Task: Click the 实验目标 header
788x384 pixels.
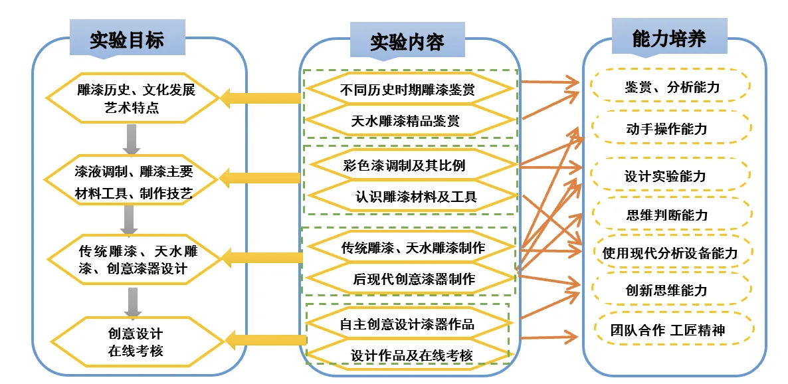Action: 127,40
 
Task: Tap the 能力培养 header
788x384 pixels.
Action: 669,39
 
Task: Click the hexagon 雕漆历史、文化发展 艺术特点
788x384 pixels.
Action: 132,98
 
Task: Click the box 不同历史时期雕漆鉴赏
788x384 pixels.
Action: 410,88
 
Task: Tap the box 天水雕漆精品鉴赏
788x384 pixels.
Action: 410,121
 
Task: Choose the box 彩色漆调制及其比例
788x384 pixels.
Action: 410,165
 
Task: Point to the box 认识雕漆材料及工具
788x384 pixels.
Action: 410,197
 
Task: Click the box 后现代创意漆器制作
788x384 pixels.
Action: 410,279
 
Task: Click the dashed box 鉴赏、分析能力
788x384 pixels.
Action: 671,86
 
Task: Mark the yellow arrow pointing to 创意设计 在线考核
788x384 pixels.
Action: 266,340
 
